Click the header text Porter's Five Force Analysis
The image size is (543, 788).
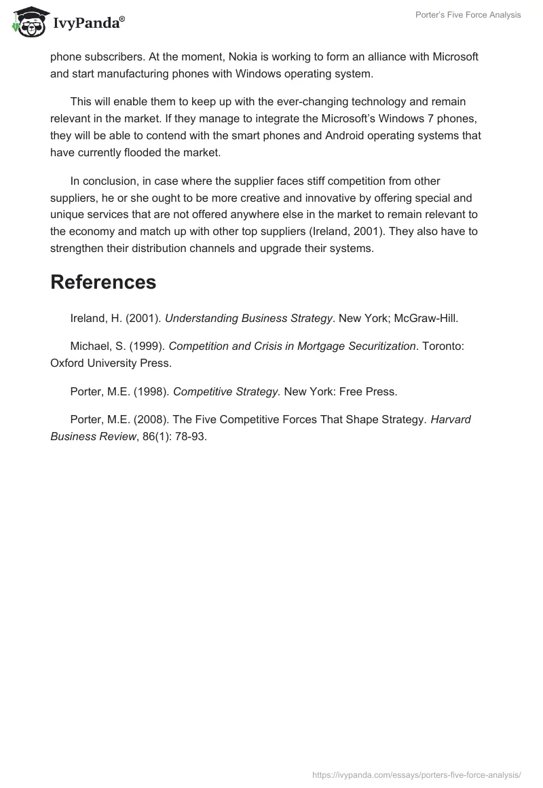pyautogui.click(x=468, y=15)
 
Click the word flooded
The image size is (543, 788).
pyautogui.click(x=136, y=152)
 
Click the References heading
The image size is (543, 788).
pyautogui.click(x=103, y=282)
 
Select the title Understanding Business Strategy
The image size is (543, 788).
pyautogui.click(x=249, y=317)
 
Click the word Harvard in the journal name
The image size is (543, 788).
pyautogui.click(x=451, y=420)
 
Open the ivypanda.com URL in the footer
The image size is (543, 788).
pyautogui.click(x=416, y=774)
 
